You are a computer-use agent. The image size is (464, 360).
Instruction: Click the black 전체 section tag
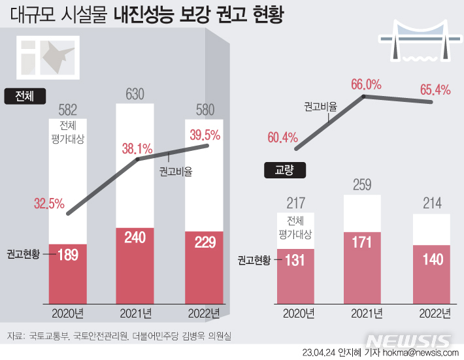point(24,96)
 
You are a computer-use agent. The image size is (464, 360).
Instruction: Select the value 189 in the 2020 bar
point(68,254)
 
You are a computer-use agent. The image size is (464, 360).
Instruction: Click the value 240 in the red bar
point(135,238)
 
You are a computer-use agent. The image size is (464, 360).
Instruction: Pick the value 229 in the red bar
point(204,242)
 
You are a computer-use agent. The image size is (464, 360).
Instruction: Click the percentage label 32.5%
point(50,203)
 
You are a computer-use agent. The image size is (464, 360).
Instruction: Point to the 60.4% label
point(282,137)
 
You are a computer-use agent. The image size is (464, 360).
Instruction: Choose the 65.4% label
point(435,90)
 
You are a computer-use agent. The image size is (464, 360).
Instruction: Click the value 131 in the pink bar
point(295,259)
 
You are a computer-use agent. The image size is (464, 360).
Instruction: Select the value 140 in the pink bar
point(432,259)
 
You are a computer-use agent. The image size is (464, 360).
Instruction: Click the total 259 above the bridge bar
point(363,186)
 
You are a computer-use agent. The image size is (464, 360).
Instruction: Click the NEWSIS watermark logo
point(408,340)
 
